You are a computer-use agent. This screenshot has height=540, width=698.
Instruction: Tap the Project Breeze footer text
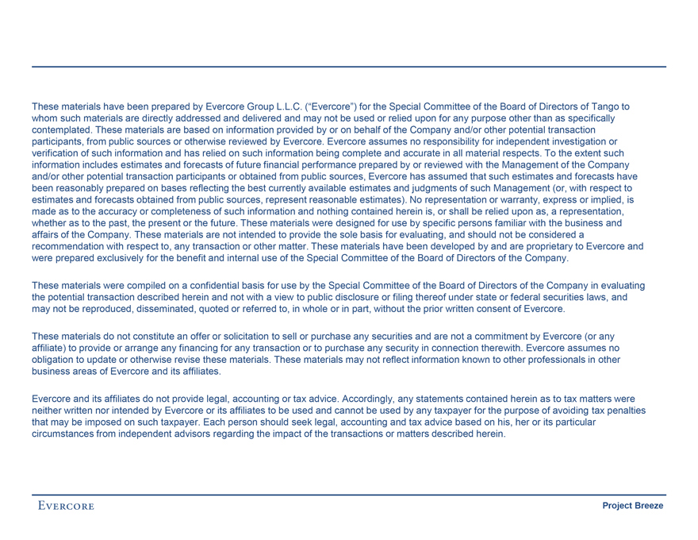632,506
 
